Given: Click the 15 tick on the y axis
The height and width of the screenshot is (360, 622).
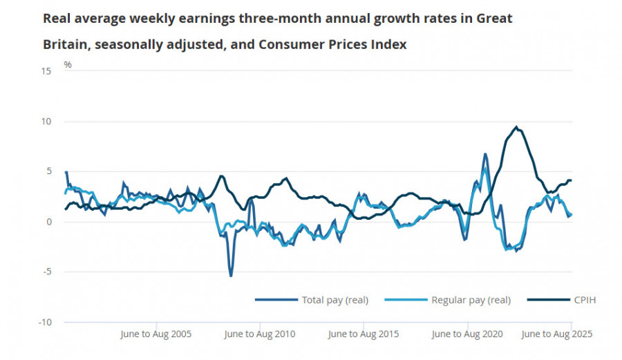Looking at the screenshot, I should tap(46, 71).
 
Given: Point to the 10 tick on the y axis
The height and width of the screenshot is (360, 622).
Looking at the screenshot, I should tap(46, 122).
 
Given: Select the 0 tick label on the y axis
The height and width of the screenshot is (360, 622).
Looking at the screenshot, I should tap(48, 222).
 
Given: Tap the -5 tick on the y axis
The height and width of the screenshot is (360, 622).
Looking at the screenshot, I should tap(47, 272).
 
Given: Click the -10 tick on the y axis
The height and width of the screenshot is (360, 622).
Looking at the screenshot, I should tap(45, 322).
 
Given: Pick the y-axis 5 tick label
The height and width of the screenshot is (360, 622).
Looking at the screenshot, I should tap(48, 171).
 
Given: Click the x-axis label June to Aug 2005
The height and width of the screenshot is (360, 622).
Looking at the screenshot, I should tap(155, 334).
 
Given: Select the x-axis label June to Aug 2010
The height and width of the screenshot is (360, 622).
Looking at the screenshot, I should tap(259, 334).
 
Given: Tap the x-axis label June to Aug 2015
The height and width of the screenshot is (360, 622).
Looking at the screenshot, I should tap(363, 334).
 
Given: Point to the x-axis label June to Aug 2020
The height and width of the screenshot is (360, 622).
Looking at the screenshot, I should tap(466, 334).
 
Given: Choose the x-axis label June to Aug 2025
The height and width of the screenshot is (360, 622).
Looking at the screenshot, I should tap(557, 334).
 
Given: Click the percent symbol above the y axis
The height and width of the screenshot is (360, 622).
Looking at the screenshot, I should tap(68, 65).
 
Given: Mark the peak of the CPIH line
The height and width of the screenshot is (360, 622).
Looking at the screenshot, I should tap(516, 127).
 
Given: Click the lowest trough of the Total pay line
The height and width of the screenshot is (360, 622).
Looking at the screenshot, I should tap(231, 276).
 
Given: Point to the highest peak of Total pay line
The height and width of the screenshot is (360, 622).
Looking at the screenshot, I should tap(486, 154).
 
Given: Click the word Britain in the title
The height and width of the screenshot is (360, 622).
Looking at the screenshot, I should tap(64, 44).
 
